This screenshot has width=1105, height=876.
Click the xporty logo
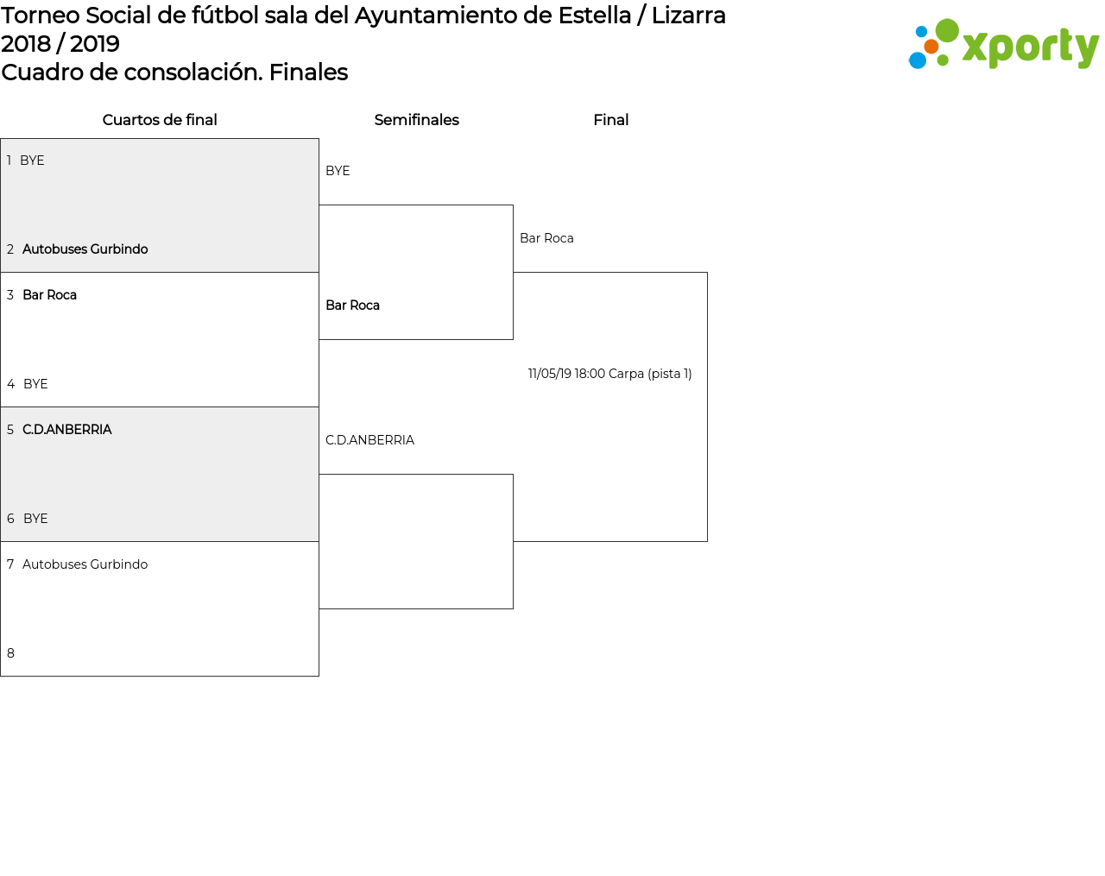pyautogui.click(x=1003, y=44)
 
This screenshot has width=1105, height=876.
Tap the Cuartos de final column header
pyautogui.click(x=160, y=120)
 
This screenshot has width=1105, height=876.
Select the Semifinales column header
pyautogui.click(x=416, y=120)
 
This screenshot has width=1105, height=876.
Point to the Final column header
pyautogui.click(x=610, y=120)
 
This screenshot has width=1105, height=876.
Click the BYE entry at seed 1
pyautogui.click(x=32, y=161)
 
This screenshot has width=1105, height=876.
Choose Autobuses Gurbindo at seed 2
pyautogui.click(x=85, y=249)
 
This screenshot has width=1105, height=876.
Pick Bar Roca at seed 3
pyautogui.click(x=50, y=295)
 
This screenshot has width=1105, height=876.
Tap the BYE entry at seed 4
pyautogui.click(x=35, y=383)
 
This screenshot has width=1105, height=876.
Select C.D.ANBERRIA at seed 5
pyautogui.click(x=66, y=429)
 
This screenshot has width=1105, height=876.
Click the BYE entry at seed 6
pyautogui.click(x=35, y=518)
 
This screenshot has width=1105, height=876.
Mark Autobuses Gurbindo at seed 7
pyautogui.click(x=85, y=564)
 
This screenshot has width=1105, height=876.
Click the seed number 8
pyautogui.click(x=10, y=653)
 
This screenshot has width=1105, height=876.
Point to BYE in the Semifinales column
pyautogui.click(x=338, y=171)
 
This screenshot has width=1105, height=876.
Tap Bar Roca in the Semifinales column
pyautogui.click(x=353, y=305)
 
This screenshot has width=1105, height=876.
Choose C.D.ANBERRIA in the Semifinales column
pyautogui.click(x=369, y=440)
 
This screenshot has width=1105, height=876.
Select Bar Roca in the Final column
pyautogui.click(x=546, y=237)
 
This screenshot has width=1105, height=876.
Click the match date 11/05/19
pyautogui.click(x=549, y=374)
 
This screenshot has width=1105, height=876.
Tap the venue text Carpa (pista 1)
pyautogui.click(x=650, y=374)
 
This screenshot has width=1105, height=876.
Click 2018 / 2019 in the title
pyautogui.click(x=60, y=44)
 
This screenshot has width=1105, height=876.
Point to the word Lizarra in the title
pyautogui.click(x=689, y=16)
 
